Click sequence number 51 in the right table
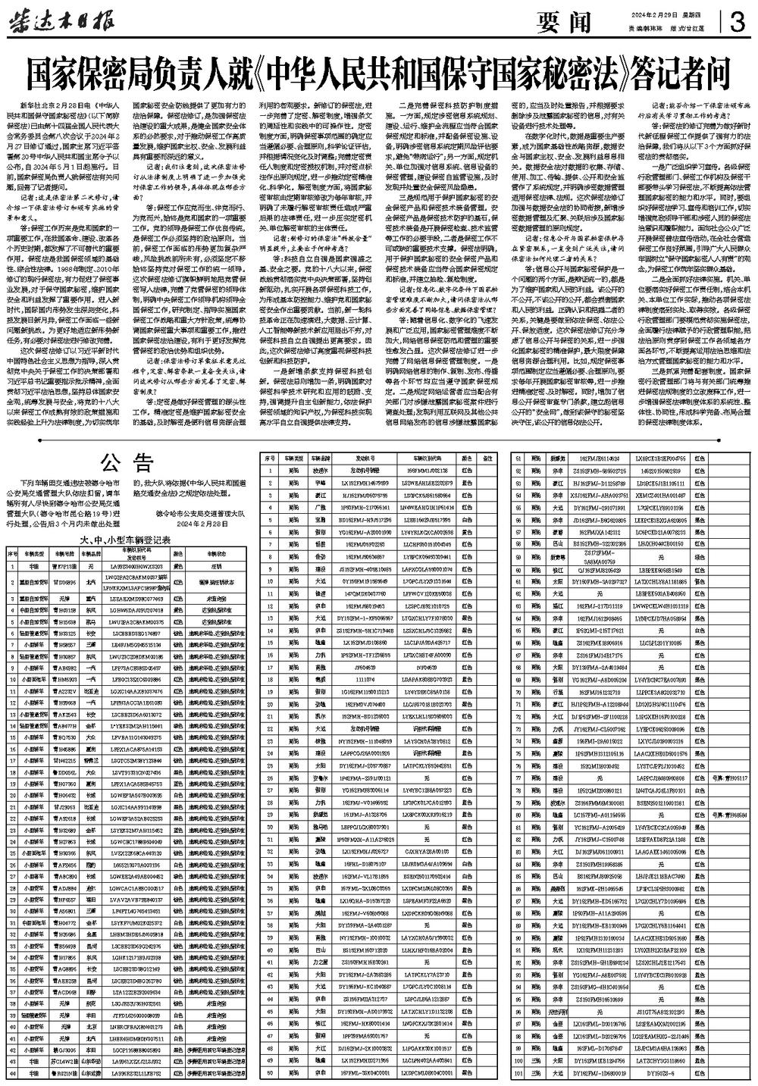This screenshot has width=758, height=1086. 517,459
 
